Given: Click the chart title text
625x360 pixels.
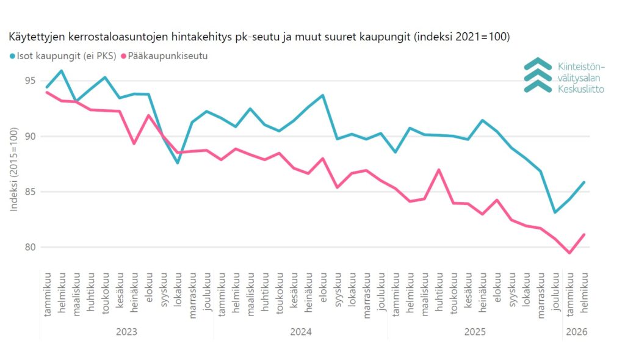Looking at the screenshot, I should (259, 37).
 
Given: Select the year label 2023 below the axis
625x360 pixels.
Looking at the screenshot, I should (126, 332).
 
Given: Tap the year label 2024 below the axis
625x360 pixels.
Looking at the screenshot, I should (301, 332).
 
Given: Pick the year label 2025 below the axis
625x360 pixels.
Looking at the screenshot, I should (475, 332).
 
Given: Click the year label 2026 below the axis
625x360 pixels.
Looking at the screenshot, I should (577, 332).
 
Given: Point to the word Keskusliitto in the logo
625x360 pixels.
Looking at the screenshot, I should (581, 89).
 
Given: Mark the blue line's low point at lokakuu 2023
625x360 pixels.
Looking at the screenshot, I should (178, 163).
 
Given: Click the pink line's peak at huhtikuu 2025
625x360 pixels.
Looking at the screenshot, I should (439, 170).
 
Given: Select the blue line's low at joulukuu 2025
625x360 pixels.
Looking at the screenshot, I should (555, 212).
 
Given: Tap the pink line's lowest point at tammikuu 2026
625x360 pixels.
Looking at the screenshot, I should (569, 253).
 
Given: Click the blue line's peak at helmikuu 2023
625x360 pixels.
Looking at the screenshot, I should (62, 71).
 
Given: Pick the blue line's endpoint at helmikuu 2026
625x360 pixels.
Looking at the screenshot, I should (584, 182).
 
